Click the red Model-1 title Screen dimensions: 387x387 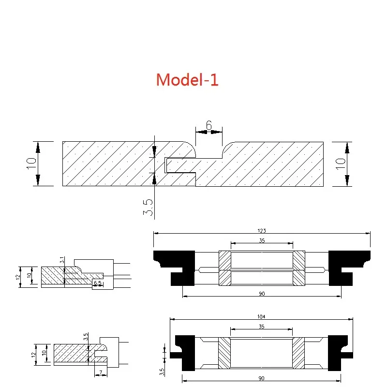187,79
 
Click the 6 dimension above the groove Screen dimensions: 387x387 209,125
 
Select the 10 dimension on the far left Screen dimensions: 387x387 31,164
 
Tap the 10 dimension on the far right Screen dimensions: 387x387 341,164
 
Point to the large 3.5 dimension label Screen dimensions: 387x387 148,207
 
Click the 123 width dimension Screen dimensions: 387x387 262,231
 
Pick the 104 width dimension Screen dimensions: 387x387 261,316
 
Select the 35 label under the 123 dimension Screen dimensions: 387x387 262,240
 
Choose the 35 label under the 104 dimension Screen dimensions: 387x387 261,327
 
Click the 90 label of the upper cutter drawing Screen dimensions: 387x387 262,294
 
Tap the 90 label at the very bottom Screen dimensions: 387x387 261,378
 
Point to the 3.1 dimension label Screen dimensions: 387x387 62,260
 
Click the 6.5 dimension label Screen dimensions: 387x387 98,283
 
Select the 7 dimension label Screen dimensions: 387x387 101,372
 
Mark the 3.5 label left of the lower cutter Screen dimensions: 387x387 162,372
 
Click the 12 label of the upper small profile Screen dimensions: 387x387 18,277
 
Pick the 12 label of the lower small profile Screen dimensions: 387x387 33,355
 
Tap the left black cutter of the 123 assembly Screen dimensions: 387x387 174,268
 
